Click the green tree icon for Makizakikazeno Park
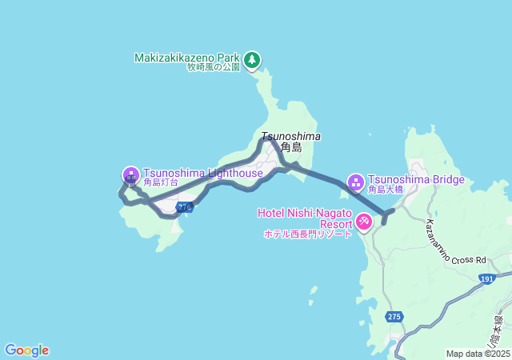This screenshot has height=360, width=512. click(252, 59)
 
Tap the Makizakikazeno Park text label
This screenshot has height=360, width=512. click(187, 58)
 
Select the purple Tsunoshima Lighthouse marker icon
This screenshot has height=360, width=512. click(131, 174)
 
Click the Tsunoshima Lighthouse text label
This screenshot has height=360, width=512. click(202, 173)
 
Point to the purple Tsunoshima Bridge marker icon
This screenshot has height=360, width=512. click(356, 182)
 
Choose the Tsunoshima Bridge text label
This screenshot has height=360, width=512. click(416, 179)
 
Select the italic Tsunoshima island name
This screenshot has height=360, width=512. click(290, 136)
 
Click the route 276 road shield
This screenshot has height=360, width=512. click(185, 207)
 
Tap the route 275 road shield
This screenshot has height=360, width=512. click(394, 317)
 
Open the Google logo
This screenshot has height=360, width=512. click(26, 350)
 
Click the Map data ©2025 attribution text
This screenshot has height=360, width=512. click(478, 354)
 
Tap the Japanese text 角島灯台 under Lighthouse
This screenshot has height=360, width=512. click(161, 183)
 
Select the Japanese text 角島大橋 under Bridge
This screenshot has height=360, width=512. click(386, 190)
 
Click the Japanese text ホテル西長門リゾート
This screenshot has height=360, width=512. click(307, 234)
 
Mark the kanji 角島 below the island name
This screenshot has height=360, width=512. click(291, 147)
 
